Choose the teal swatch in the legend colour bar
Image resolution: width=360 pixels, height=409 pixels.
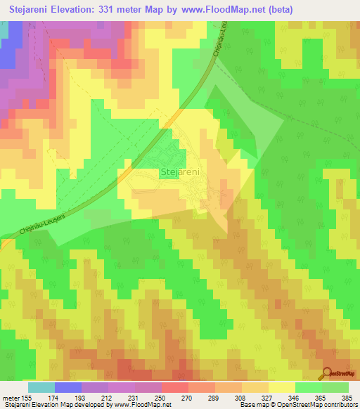[x=41, y=387]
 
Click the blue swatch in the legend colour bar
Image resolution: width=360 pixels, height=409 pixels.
[x=68, y=387]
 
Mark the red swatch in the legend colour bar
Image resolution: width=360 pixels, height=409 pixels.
[x=174, y=387]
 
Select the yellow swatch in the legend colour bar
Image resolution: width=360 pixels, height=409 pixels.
[x=281, y=387]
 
